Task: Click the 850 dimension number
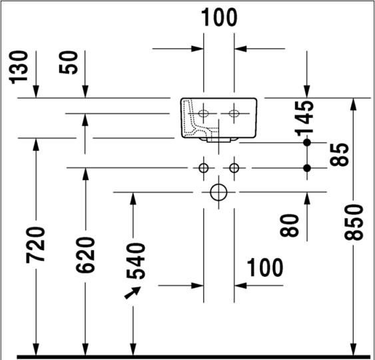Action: [x=354, y=222]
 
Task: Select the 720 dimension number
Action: [x=35, y=245]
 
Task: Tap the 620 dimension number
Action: [x=85, y=255]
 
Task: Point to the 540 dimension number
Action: [x=136, y=261]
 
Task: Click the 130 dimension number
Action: [x=19, y=67]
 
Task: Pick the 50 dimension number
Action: [x=69, y=62]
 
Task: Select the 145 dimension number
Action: [x=304, y=118]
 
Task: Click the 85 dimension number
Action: [x=340, y=155]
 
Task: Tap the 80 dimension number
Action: [x=289, y=225]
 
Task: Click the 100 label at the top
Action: [x=219, y=17]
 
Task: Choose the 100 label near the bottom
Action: [x=264, y=267]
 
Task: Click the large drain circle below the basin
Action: [x=218, y=192]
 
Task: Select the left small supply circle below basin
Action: [x=204, y=168]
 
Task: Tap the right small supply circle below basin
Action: [x=234, y=168]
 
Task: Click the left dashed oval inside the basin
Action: [x=204, y=113]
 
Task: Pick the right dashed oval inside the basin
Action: [x=234, y=113]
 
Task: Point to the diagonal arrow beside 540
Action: [x=133, y=293]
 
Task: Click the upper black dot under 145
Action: [x=307, y=143]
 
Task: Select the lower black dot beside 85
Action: [x=307, y=168]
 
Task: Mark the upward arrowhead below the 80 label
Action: [x=307, y=199]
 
